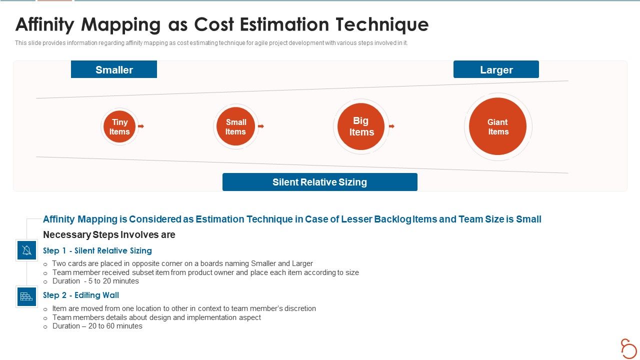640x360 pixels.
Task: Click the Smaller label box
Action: pos(114,69)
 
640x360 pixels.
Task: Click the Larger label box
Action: pos(496,69)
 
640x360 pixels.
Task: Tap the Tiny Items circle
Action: pos(119,127)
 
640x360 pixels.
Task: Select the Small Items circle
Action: pos(235,127)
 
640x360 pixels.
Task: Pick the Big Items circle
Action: pos(361,126)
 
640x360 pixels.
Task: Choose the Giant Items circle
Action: pos(498,127)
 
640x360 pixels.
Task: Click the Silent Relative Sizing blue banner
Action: pos(319,182)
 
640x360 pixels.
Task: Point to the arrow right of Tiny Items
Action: pos(141,126)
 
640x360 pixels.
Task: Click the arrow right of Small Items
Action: pos(260,126)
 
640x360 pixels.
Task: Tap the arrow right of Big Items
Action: pos(391,126)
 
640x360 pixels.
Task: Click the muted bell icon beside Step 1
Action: pos(26,250)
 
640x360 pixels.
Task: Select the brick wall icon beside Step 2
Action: pos(26,296)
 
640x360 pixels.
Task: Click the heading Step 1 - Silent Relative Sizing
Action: pos(97,250)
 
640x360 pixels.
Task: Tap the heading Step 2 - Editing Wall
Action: pos(81,295)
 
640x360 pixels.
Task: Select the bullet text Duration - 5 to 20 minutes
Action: pos(95,281)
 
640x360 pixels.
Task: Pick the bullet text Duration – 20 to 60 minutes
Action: pos(97,326)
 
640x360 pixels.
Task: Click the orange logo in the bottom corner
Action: pos(628,348)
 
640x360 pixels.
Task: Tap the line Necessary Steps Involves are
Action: pos(109,234)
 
